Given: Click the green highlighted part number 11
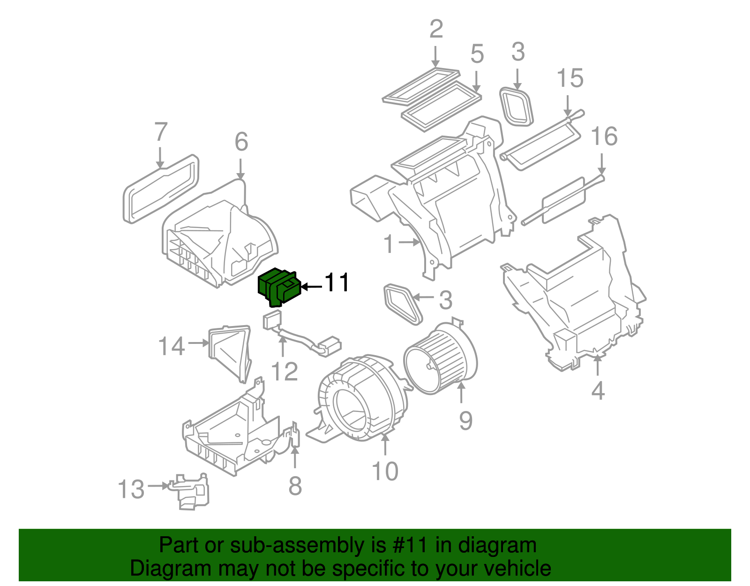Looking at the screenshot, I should [279, 287].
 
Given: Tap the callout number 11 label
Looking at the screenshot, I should [337, 283].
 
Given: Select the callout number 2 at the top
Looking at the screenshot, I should [436, 30].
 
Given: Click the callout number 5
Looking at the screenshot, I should [477, 54].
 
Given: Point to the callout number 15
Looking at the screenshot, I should [570, 78].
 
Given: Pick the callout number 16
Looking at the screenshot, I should [604, 137].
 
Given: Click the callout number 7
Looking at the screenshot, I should [161, 132].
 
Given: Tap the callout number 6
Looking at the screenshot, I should [241, 142].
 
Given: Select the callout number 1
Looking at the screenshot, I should [389, 244].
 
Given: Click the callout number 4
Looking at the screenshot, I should [598, 391].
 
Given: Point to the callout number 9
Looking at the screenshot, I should [465, 420].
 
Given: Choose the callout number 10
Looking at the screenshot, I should [385, 471].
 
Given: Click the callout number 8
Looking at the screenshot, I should [295, 486].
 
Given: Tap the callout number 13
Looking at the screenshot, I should [131, 489].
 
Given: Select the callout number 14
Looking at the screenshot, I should [172, 347].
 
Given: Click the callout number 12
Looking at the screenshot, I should [285, 372].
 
